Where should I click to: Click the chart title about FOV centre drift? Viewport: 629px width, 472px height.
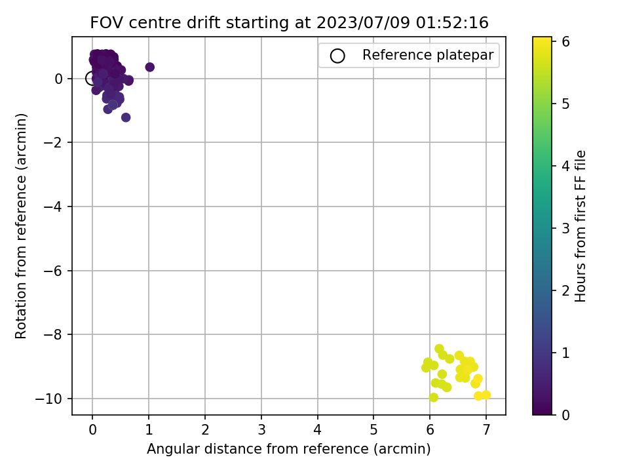[289, 22]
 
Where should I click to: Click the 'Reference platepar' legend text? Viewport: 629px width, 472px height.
[428, 55]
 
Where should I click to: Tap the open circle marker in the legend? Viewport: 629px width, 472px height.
[337, 56]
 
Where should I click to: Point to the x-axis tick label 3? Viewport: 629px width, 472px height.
[261, 430]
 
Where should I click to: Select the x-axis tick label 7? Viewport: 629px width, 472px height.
[486, 430]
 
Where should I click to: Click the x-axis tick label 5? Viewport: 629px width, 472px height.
[374, 430]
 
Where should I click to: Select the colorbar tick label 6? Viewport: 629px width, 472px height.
[565, 42]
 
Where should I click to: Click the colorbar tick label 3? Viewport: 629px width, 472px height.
[565, 228]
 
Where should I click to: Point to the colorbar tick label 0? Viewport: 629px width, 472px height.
[565, 415]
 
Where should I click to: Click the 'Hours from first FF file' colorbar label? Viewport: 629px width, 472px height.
[581, 226]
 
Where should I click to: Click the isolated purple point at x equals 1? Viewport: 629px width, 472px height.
[149, 67]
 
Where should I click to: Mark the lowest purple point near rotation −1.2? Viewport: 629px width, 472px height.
[126, 117]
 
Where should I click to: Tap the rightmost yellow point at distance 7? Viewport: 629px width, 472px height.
[486, 395]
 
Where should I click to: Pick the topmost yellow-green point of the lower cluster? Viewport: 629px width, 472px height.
[439, 349]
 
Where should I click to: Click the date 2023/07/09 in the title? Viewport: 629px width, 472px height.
[363, 22]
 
